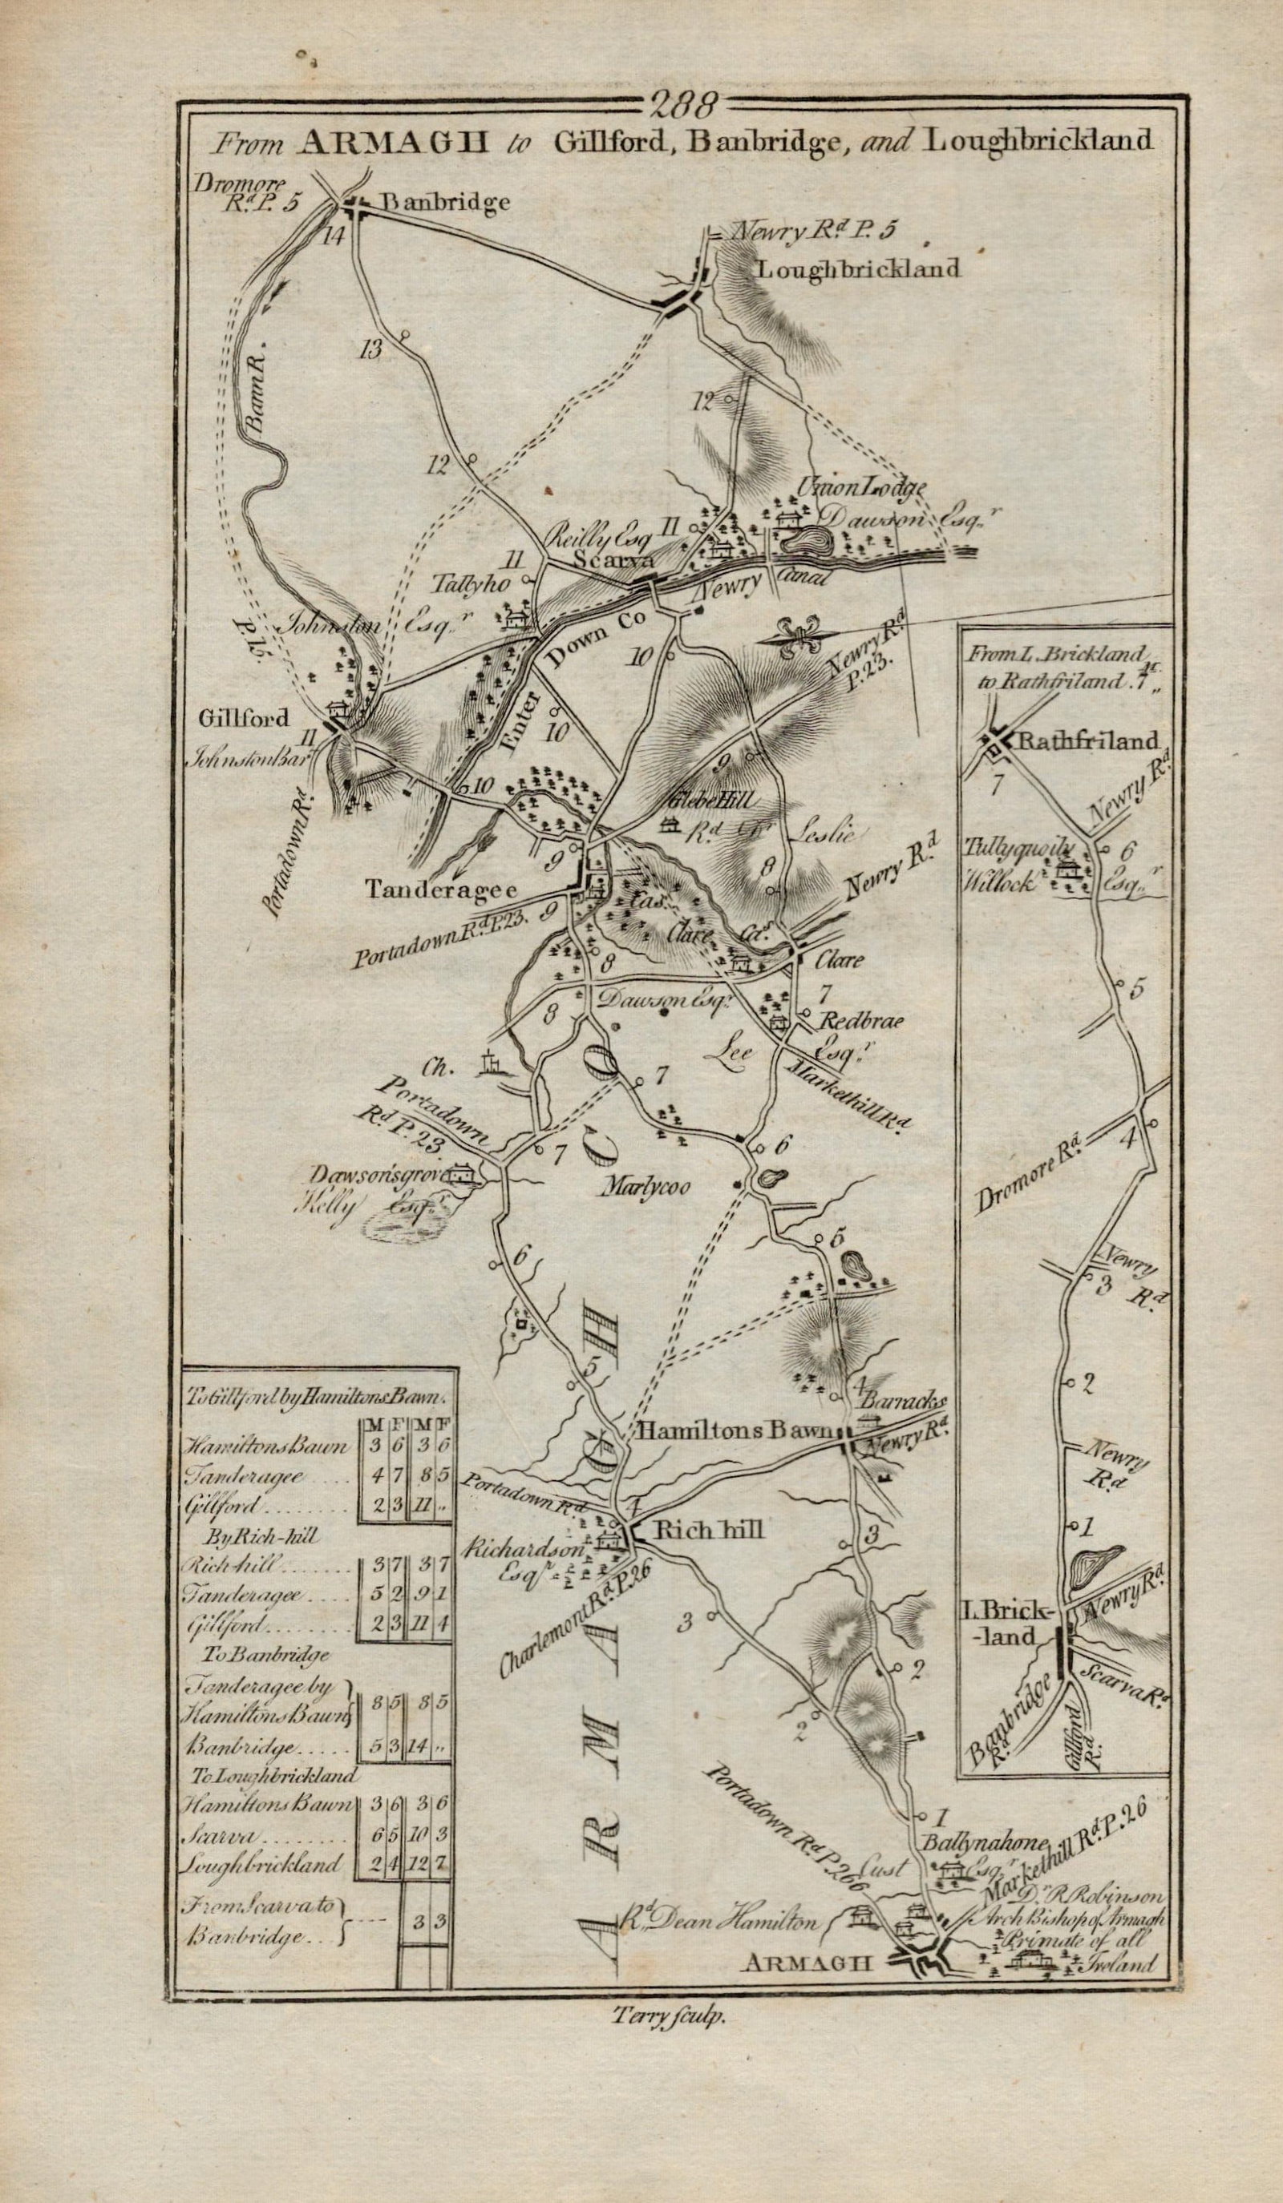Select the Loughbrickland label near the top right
tap(857, 268)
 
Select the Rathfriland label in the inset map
tap(1089, 742)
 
